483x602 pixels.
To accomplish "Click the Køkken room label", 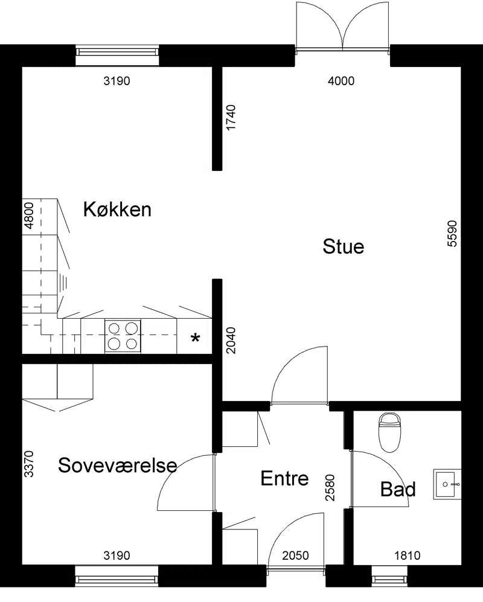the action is pyautogui.click(x=117, y=210).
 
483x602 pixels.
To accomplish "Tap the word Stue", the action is pyautogui.click(x=344, y=246).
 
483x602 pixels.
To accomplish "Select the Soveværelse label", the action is pyautogui.click(x=118, y=465).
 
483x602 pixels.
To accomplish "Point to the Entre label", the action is pyautogui.click(x=284, y=478).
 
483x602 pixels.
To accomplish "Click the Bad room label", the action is pyautogui.click(x=398, y=489).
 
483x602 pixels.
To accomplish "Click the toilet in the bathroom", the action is pyautogui.click(x=389, y=432).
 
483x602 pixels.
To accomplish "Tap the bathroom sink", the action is pyautogui.click(x=447, y=484).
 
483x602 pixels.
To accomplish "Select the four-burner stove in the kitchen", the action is pyautogui.click(x=123, y=336).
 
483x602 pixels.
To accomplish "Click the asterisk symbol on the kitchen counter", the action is pyautogui.click(x=196, y=339).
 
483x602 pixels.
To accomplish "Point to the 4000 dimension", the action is pyautogui.click(x=341, y=81).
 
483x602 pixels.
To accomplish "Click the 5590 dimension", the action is pyautogui.click(x=453, y=234).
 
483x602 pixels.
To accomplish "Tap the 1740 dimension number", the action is pyautogui.click(x=231, y=118).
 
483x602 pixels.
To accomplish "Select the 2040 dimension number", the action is pyautogui.click(x=231, y=340).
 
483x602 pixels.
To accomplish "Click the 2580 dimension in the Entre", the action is pyautogui.click(x=330, y=488).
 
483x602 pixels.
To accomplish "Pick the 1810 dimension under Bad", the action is pyautogui.click(x=408, y=556).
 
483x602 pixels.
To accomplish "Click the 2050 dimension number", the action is pyautogui.click(x=296, y=556).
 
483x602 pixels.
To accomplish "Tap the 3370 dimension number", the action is pyautogui.click(x=29, y=464).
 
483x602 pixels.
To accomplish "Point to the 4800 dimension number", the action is pyautogui.click(x=29, y=216).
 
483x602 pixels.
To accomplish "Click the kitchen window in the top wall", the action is pyautogui.click(x=117, y=56).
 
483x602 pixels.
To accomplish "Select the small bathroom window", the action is pyautogui.click(x=389, y=576).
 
